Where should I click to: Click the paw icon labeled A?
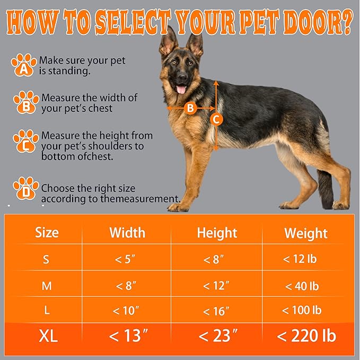click(24, 64)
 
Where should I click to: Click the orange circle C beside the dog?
click(216, 119)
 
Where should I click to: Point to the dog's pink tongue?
click(181, 89)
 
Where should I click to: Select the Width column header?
click(127, 232)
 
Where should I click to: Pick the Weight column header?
click(306, 233)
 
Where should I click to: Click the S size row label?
click(47, 260)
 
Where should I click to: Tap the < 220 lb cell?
click(306, 336)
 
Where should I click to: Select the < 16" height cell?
click(216, 311)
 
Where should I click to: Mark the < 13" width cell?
click(127, 336)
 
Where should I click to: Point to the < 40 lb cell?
click(302, 286)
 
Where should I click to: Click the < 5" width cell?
click(126, 260)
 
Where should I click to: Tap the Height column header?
click(217, 232)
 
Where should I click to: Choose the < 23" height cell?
click(216, 336)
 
